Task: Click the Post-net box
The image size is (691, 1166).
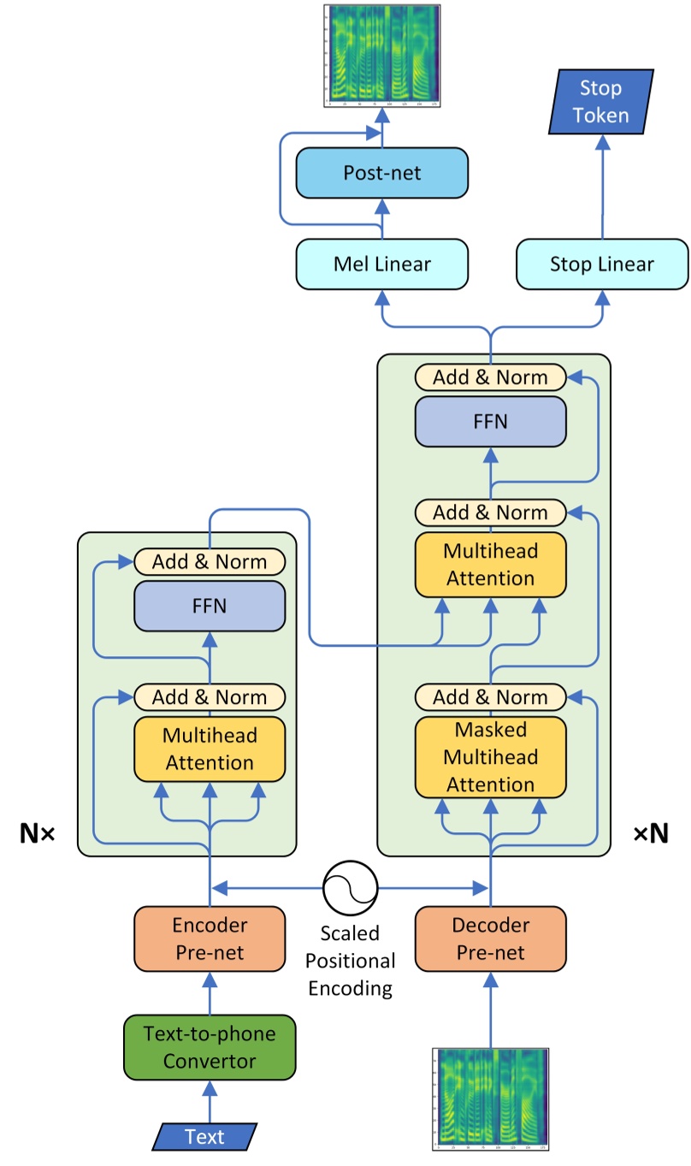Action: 381,174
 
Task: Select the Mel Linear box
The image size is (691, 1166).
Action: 381,263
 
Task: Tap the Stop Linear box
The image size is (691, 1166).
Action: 602,263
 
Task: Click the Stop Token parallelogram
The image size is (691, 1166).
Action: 600,102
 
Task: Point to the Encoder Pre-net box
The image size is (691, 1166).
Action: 210,938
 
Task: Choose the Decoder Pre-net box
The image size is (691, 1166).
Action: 490,938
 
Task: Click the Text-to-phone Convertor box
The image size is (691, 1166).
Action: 210,1047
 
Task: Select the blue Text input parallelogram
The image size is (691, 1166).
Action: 204,1136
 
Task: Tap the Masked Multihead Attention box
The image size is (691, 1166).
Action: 490,757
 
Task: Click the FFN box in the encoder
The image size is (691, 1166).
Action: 210,607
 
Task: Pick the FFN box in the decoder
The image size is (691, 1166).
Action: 490,421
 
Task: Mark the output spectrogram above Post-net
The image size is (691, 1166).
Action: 381,56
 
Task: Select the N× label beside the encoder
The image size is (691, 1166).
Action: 37,833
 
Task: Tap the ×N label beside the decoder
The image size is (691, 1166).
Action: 651,833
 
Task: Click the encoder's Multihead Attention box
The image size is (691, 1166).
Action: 210,749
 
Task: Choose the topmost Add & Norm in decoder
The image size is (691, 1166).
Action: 490,376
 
